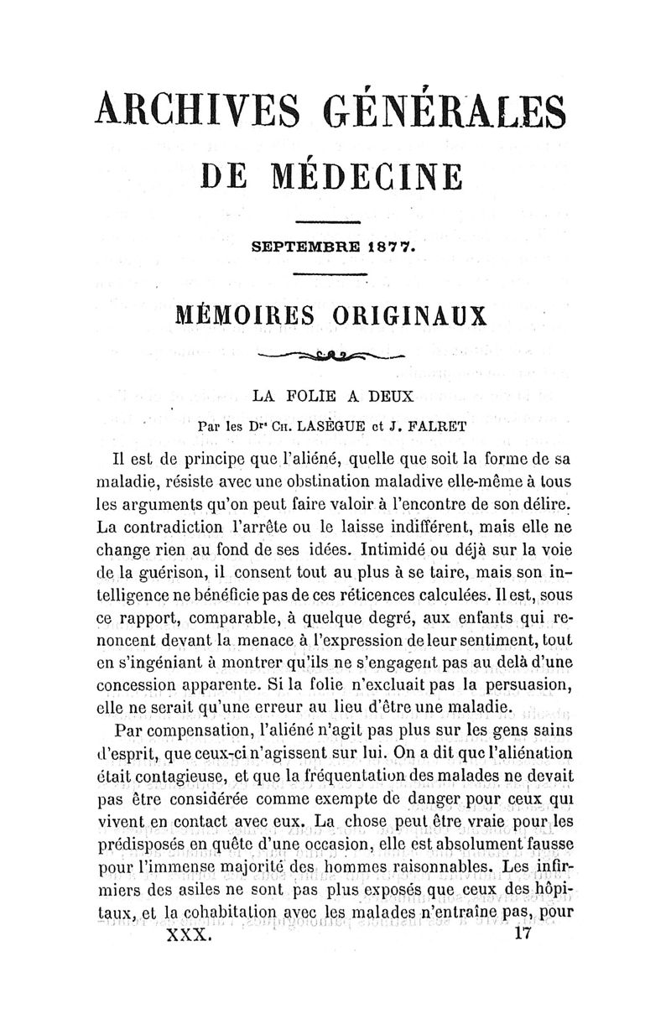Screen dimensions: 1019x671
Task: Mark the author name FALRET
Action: pos(434,425)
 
